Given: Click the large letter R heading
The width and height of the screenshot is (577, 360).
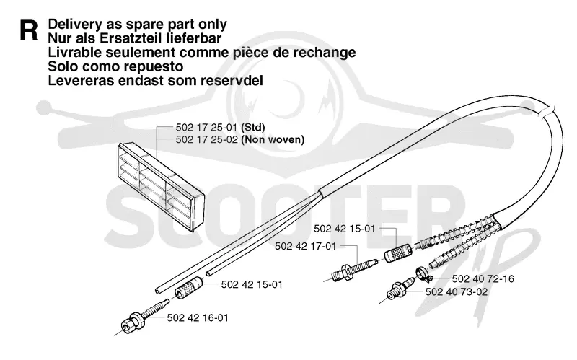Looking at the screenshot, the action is pos(29,31).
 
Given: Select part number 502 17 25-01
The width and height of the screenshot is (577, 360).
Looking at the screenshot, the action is pos(207,128).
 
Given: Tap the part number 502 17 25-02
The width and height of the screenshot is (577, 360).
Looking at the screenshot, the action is pos(207,139).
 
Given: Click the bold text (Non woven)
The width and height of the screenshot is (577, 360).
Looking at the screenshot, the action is pos(273,139).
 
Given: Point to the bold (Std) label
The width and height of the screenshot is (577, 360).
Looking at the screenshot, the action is pos(253,128).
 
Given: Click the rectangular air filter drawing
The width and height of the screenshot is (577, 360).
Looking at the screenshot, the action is pos(161,187).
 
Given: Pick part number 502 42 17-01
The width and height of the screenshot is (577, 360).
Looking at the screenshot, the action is pos(306,246).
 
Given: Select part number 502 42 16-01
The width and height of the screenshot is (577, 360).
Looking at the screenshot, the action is pos(198,317).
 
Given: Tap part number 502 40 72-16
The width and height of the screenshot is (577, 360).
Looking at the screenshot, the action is pos(483,278).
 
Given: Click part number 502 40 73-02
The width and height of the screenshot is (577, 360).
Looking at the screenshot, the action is pos(457,292).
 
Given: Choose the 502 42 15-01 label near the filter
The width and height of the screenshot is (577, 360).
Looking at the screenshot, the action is pos(252,284).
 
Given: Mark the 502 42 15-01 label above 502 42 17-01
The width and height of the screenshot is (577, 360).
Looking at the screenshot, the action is pos(345,229).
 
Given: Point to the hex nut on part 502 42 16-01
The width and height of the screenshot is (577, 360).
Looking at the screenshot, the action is pos(134,322).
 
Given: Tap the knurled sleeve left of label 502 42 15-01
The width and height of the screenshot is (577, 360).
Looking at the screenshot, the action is pos(189,287).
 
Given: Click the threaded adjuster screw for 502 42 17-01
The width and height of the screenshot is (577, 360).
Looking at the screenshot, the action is pos(353,270).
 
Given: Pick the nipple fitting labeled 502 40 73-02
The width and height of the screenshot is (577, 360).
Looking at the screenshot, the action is pos(401,289).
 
